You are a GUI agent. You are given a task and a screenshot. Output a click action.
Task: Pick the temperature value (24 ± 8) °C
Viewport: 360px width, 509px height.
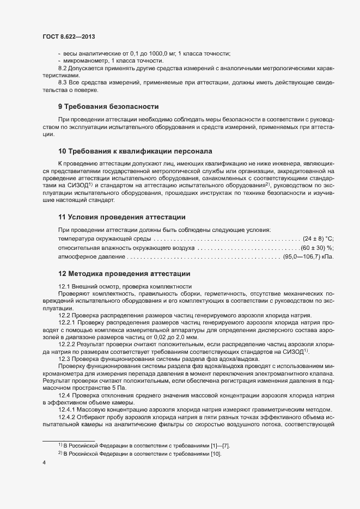[318, 239]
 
